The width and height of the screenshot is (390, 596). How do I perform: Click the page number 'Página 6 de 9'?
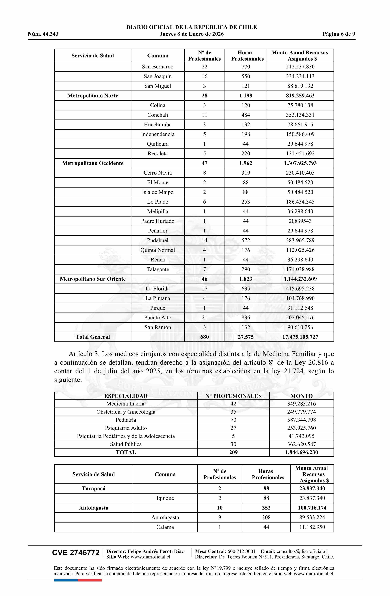tap(339, 34)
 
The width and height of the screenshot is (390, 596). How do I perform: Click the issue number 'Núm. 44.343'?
tap(43, 34)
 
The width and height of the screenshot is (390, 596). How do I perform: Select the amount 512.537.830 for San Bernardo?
tap(300, 67)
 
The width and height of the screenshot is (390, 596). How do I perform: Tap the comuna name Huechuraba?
tap(158, 124)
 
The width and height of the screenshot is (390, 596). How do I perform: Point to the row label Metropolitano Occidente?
tap(93, 163)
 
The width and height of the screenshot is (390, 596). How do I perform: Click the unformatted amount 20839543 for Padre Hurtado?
tap(300, 221)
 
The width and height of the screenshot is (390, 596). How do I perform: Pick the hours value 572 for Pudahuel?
tap(246, 240)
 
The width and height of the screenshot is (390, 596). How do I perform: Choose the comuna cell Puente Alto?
tap(158, 318)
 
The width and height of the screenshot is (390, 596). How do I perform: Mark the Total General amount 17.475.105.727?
tap(300, 337)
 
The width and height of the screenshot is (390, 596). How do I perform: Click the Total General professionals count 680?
tap(204, 337)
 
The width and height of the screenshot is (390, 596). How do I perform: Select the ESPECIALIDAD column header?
tap(126, 396)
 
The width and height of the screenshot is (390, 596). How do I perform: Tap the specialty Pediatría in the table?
tap(126, 420)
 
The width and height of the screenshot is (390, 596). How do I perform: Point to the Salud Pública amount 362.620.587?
tap(301, 444)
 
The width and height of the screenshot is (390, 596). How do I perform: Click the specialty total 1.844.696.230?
tap(301, 452)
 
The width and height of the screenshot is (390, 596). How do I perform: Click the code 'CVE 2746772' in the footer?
tap(76, 553)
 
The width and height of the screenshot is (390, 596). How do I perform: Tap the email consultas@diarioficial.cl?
tap(302, 551)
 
